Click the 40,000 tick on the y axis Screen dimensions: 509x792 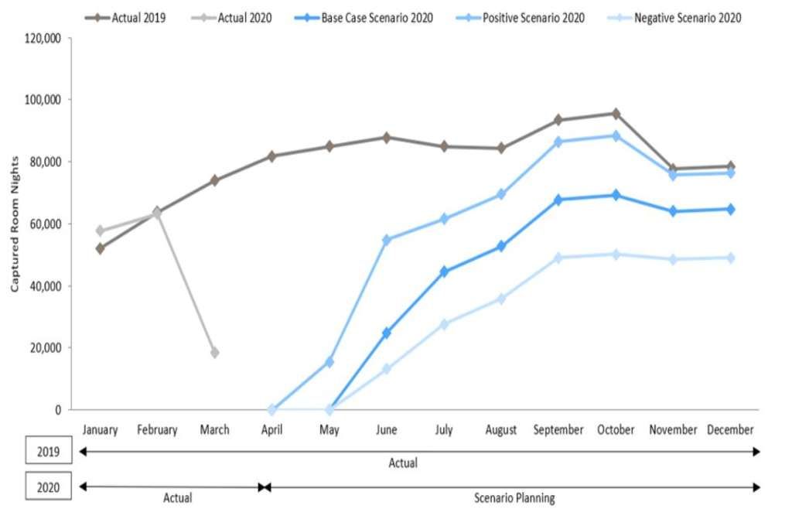coord(43,286)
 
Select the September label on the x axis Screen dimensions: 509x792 coord(558,430)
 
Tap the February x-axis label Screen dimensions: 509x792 coord(157,430)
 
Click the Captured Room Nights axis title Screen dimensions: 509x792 coord(14,224)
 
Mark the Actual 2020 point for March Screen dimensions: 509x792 coord(214,353)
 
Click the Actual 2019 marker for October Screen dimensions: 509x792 coord(616,114)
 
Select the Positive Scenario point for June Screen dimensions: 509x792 coord(387,240)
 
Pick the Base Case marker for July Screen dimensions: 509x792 coord(444,272)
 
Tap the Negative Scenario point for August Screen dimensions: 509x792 coord(501,299)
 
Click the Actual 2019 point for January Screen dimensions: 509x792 coord(100,248)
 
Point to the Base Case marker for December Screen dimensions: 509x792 coord(730,209)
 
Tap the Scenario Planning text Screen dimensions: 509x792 coord(514,498)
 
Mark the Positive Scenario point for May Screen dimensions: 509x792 coord(329,362)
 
